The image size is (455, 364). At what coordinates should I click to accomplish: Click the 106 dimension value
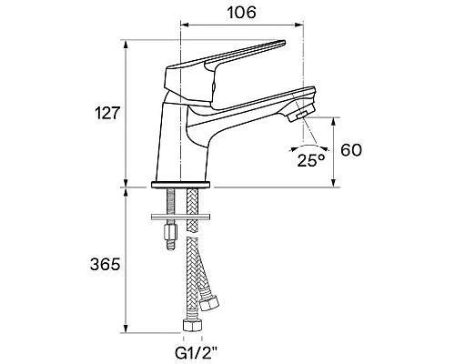point(241,13)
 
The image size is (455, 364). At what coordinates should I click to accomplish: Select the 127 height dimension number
point(106,113)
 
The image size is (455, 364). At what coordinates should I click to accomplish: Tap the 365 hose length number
point(106,265)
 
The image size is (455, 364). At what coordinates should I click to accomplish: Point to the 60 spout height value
point(351,150)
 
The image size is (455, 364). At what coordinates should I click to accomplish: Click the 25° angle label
point(311,160)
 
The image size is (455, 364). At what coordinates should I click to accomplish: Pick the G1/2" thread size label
point(197,352)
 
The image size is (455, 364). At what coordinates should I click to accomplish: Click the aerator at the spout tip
point(298,116)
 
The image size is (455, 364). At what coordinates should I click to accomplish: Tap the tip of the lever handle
point(284,43)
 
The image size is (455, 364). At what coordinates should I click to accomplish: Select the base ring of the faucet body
point(181,185)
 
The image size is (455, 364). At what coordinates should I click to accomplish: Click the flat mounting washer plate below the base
point(181,217)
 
